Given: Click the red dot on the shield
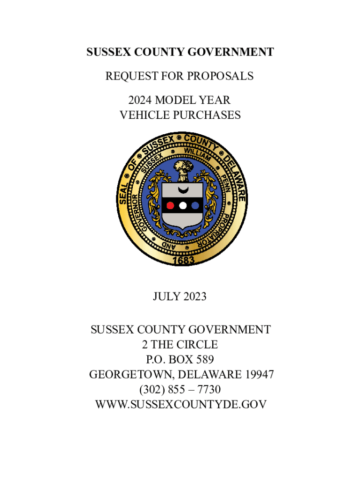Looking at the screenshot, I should (171, 205).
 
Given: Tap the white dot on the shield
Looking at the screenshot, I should (183, 205).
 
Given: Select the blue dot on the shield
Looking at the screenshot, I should (195, 205).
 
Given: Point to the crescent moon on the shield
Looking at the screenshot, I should (183, 190).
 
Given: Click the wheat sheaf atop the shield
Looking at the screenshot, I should (183, 170).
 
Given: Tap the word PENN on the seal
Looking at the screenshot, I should (224, 184).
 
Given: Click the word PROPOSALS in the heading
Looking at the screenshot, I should (220, 76).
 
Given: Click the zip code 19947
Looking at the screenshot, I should (259, 375).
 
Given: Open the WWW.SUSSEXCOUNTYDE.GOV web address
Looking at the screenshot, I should (180, 405).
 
